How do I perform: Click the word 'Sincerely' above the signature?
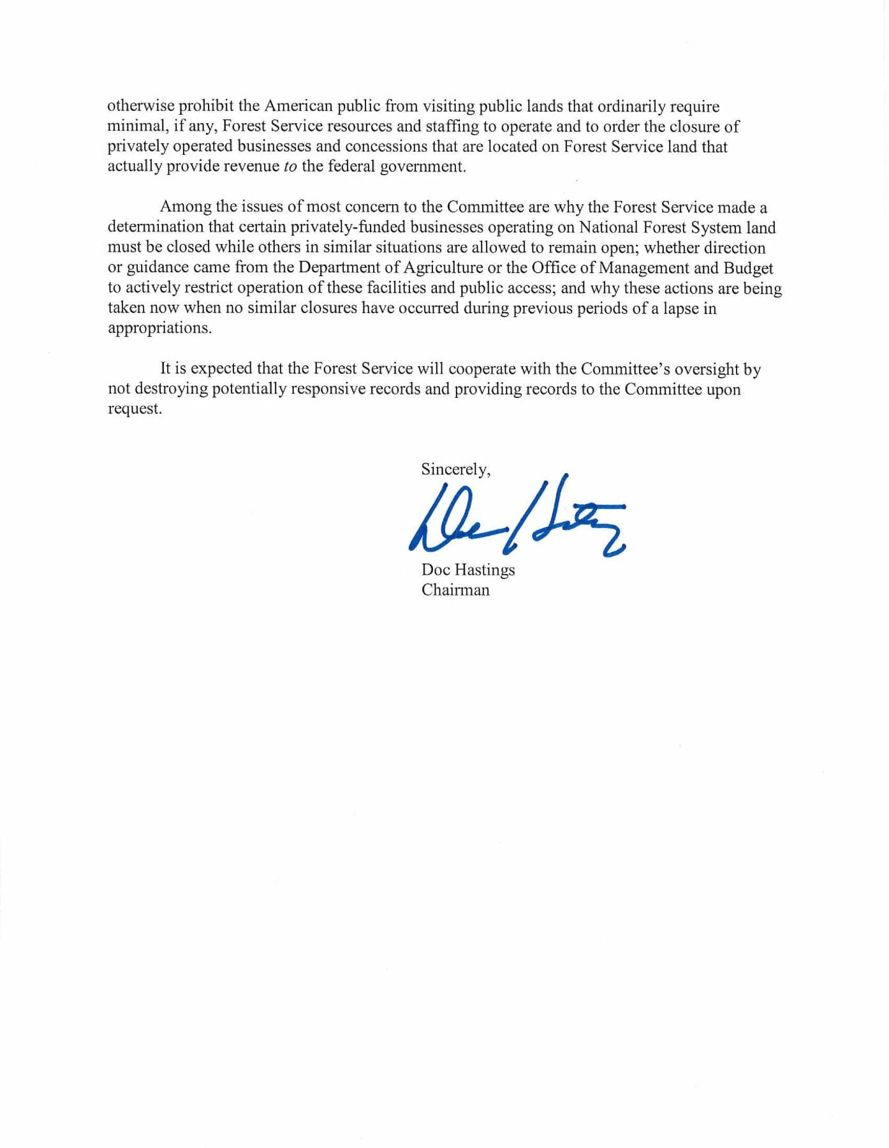[455, 470]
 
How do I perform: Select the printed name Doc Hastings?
[467, 570]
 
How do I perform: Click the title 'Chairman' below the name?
[455, 590]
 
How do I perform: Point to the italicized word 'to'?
[290, 167]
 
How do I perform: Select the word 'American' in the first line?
[299, 106]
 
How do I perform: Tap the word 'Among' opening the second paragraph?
[181, 207]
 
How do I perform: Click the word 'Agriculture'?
[443, 267]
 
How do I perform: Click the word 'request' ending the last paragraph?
[135, 409]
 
